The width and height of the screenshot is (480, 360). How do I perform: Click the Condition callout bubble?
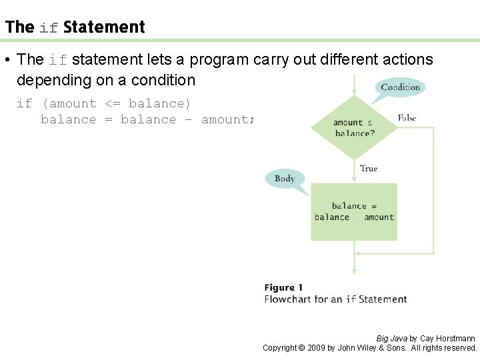click(400, 87)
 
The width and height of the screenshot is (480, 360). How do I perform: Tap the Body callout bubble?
click(285, 179)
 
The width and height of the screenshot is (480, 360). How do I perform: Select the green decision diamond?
click(354, 127)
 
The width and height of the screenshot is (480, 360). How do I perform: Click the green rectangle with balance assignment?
click(354, 211)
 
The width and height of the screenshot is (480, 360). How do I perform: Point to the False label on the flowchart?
click(407, 118)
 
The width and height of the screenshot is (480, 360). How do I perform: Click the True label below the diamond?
click(369, 169)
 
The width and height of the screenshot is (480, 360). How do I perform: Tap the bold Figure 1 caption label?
click(283, 287)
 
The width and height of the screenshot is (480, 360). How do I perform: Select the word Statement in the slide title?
click(104, 27)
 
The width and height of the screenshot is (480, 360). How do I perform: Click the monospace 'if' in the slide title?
click(49, 28)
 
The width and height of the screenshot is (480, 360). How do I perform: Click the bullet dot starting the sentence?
click(6, 60)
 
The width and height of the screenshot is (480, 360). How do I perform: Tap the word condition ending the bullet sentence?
click(162, 80)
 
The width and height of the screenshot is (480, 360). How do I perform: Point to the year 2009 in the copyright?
click(317, 348)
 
